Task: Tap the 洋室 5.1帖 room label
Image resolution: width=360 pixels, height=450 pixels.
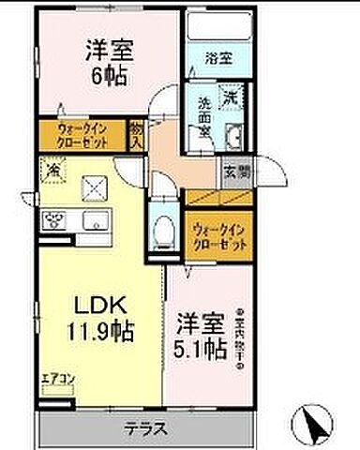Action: [x=198, y=337]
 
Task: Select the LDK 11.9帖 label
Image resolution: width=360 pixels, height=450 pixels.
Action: [x=95, y=318]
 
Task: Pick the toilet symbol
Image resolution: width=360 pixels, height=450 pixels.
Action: [x=166, y=230]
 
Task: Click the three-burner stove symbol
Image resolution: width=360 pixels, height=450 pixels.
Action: [x=51, y=222]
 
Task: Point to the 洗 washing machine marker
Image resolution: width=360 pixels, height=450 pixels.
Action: [x=231, y=96]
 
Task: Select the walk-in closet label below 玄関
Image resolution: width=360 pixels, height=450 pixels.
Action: [x=221, y=234]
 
